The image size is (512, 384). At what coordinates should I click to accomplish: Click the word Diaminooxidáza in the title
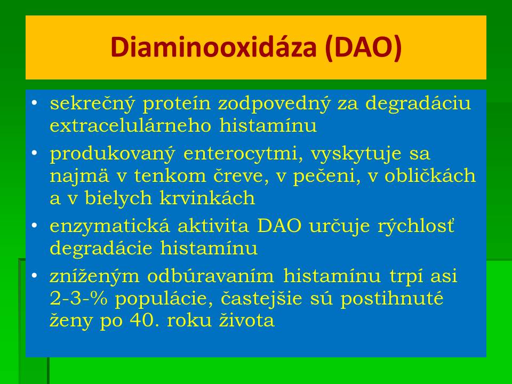pyautogui.click(x=213, y=47)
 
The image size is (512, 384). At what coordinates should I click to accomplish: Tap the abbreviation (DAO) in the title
pyautogui.click(x=363, y=47)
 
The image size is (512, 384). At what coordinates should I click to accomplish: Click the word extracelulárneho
pyautogui.click(x=130, y=125)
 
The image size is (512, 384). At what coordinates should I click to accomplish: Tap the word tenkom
pyautogui.click(x=170, y=175)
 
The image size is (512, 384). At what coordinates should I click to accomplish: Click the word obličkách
pyautogui.click(x=430, y=175)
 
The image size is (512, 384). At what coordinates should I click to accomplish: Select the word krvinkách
pyautogui.click(x=207, y=197)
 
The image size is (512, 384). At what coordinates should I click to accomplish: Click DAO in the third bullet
pyautogui.click(x=279, y=226)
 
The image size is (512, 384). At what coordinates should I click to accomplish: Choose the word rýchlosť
pyautogui.click(x=416, y=226)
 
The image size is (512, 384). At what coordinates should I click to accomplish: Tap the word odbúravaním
pyautogui.click(x=211, y=276)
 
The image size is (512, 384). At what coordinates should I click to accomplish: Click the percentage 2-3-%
pyautogui.click(x=78, y=299)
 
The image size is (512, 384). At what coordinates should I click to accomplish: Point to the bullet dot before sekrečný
pyautogui.click(x=34, y=103)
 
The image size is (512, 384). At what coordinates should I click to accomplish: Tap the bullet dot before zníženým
pyautogui.click(x=34, y=276)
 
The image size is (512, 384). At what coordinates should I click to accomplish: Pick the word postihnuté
pyautogui.click(x=392, y=299)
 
